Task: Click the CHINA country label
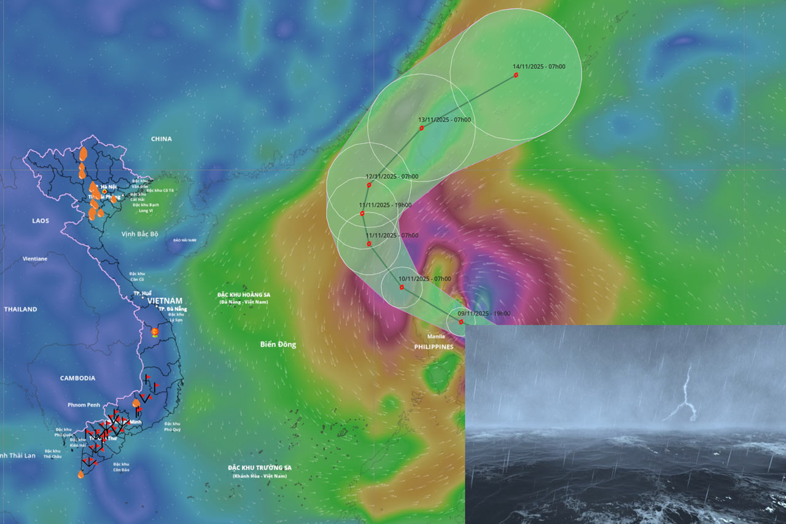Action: point(161,139)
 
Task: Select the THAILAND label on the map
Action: point(20,310)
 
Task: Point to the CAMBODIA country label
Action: point(77,378)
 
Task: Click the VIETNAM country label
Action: point(165,301)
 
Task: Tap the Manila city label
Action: point(436,337)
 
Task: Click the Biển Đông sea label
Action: point(278,345)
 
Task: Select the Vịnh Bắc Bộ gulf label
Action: point(139,234)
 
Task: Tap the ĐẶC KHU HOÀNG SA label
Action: point(244,295)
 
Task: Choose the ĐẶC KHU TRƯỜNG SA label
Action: point(259,468)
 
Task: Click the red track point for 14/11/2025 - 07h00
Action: point(516,75)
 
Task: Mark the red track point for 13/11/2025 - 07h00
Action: point(422,128)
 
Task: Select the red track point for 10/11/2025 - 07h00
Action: point(402,287)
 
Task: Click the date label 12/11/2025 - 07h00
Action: point(392,176)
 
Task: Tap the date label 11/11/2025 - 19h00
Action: point(385,205)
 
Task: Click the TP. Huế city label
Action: point(142,294)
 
